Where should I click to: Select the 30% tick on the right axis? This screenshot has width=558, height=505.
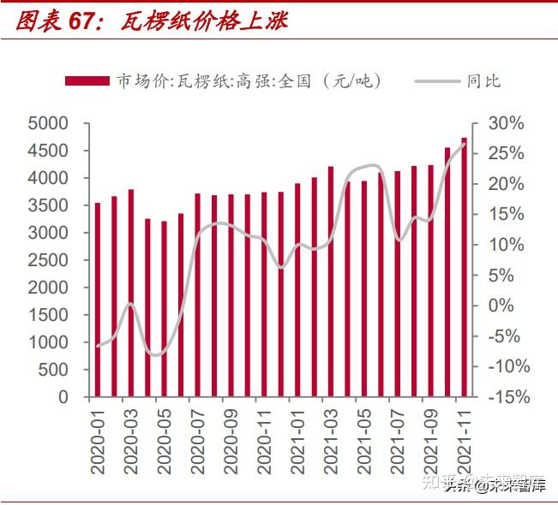coord(505,123)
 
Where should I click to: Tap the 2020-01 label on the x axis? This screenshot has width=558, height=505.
coord(98,442)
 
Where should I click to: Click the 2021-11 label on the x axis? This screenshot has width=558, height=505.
coord(464,442)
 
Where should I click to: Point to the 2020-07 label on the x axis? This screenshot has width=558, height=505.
coord(198,442)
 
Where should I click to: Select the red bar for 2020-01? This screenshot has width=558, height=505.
coord(98,300)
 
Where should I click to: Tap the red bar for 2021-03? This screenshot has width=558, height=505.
coord(331,282)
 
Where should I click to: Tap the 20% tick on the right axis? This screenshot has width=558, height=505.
coord(505,184)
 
